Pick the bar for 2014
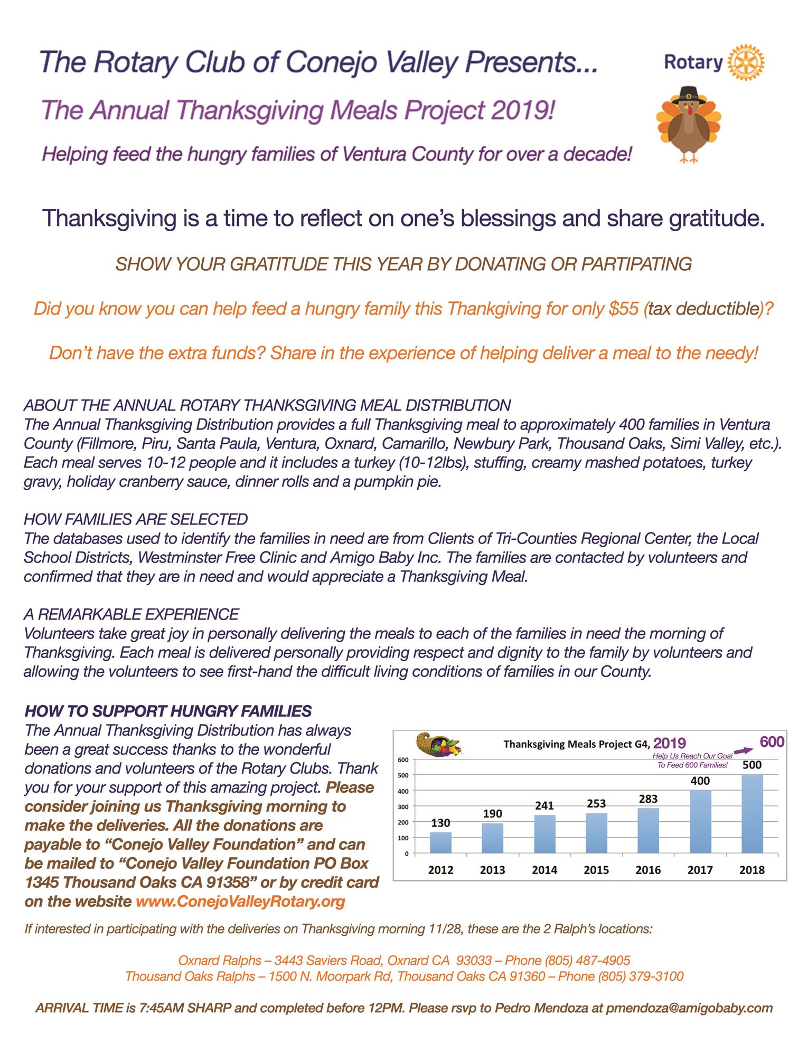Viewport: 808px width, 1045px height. (x=544, y=833)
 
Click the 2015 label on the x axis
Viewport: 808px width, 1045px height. (x=596, y=870)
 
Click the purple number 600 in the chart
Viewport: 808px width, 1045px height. (x=772, y=742)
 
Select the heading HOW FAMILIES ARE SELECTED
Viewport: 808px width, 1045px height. (x=136, y=519)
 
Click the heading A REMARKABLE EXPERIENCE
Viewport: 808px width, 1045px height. (x=131, y=614)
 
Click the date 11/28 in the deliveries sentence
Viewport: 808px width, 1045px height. (x=446, y=928)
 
